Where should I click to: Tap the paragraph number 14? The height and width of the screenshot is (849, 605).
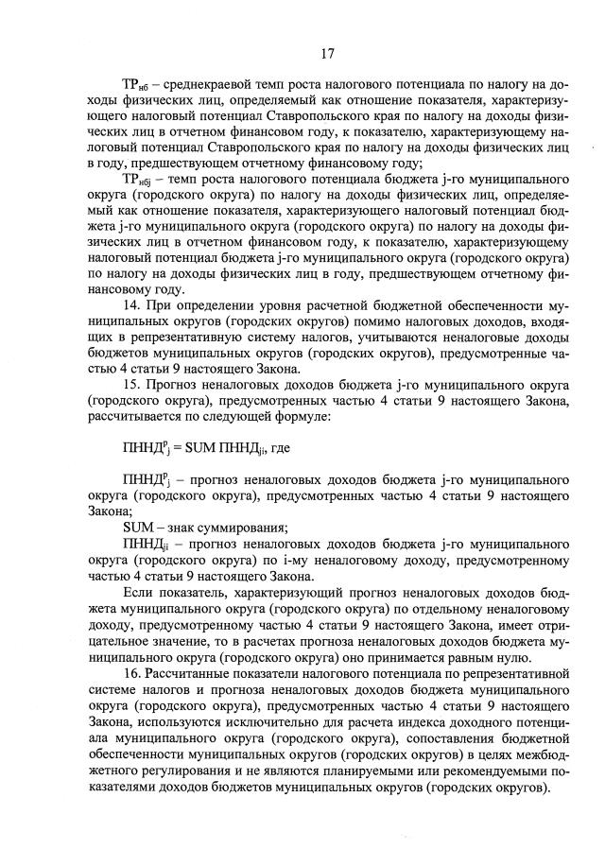pos(132,307)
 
